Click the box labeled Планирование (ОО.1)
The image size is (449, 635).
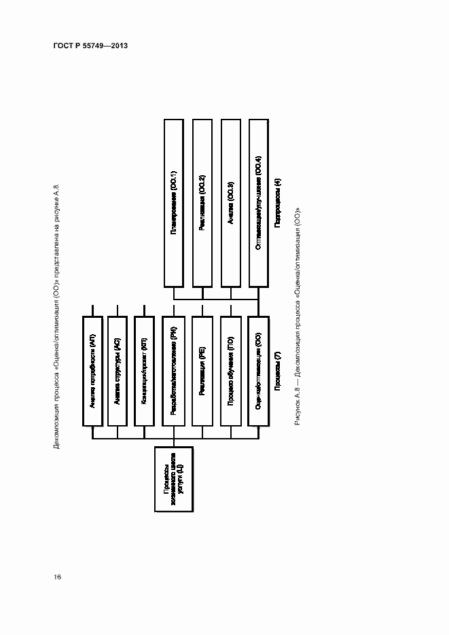174,202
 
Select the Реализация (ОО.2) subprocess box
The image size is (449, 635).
202,202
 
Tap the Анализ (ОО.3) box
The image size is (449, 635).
231,202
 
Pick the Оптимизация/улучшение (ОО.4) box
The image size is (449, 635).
259,202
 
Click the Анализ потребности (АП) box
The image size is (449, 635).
92,370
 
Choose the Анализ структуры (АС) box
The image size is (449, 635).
118,370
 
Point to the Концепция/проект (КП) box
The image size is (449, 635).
144,370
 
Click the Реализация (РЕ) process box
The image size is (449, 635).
202,370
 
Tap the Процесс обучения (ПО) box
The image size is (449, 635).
231,370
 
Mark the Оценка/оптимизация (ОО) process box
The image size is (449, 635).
259,370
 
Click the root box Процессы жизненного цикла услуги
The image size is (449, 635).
174,479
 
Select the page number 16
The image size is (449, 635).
58,577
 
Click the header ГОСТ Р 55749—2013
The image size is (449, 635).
90,46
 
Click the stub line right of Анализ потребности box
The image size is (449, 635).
92,309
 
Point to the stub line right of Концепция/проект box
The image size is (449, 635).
144,309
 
